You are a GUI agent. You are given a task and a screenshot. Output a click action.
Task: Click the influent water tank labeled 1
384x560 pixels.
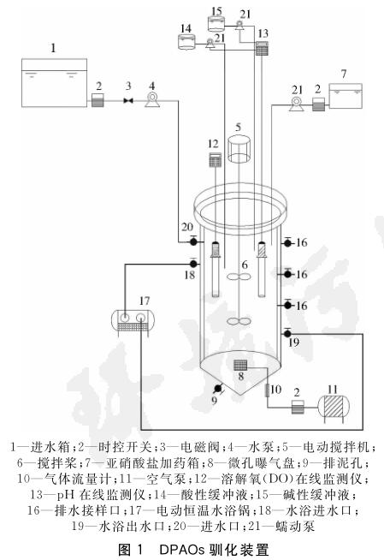coord(54,82)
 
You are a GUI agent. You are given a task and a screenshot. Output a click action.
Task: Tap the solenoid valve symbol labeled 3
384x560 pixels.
coord(128,101)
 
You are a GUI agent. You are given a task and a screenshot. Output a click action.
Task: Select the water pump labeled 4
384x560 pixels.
coord(152,100)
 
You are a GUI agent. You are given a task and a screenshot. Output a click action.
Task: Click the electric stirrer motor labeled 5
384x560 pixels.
coord(239,149)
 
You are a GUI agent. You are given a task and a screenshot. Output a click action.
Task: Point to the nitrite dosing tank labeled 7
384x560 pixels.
coord(346,95)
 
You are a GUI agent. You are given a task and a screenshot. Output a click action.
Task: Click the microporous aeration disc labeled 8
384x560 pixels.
coord(240,366)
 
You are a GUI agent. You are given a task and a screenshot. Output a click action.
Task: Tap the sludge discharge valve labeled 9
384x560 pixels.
coord(217,388)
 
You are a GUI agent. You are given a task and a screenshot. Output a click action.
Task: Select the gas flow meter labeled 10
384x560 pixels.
coord(268,390)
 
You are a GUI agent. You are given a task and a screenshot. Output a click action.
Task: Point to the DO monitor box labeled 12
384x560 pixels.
coord(215,159)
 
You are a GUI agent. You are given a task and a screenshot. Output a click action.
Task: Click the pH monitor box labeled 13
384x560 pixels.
coord(262,48)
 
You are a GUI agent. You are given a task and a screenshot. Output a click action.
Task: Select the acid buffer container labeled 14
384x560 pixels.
coord(186,41)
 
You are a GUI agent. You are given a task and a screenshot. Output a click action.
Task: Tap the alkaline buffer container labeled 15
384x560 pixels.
coord(216,24)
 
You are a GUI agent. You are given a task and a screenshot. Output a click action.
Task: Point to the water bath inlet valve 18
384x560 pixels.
coord(193,264)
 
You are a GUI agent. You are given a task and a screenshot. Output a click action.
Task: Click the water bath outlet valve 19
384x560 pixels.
coord(287,333)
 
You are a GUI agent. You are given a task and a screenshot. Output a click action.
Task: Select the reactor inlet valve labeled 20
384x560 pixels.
coord(193,241)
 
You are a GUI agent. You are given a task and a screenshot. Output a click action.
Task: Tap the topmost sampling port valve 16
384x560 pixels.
coord(287,243)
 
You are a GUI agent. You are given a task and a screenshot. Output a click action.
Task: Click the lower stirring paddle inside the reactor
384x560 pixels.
coord(239,321)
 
